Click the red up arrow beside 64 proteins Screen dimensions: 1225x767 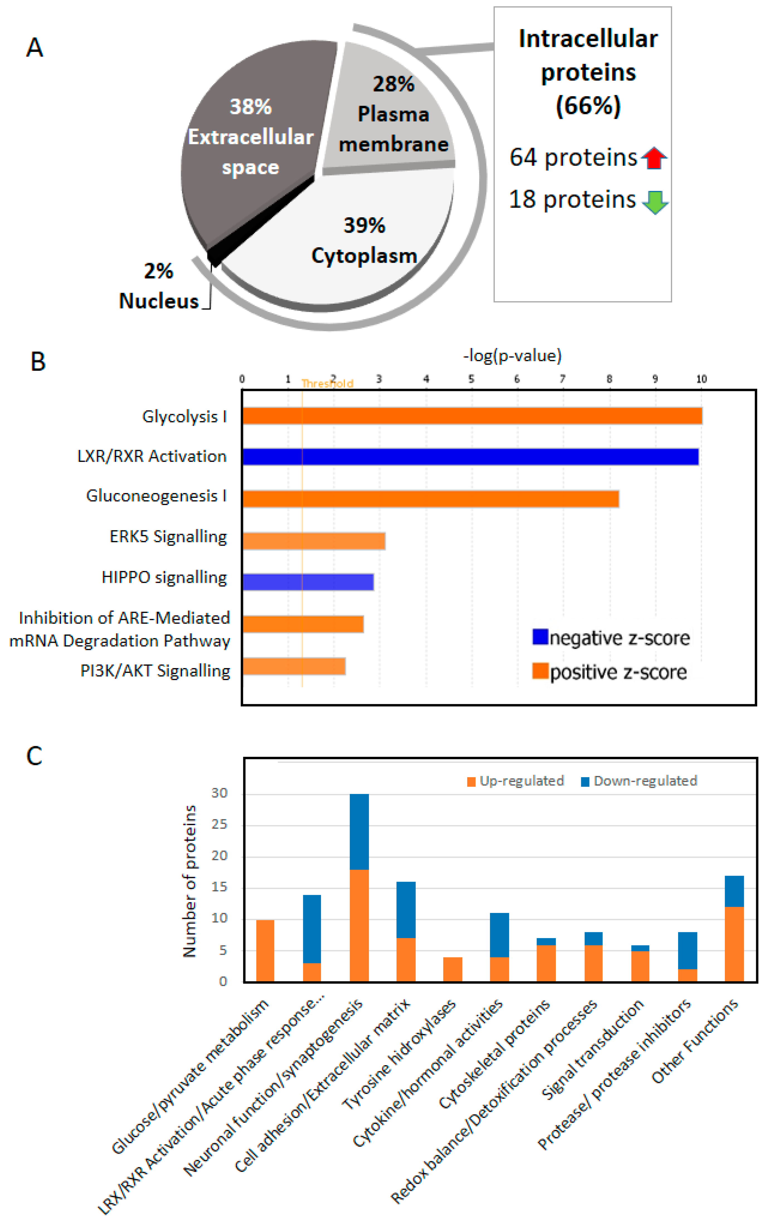coord(654,158)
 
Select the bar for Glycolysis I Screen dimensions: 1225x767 coord(472,416)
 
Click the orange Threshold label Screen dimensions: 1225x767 coord(327,384)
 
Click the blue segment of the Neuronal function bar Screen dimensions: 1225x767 coord(359,832)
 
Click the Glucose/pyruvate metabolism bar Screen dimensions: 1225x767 coord(265,950)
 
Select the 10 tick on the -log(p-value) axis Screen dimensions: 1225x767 coord(701,379)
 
